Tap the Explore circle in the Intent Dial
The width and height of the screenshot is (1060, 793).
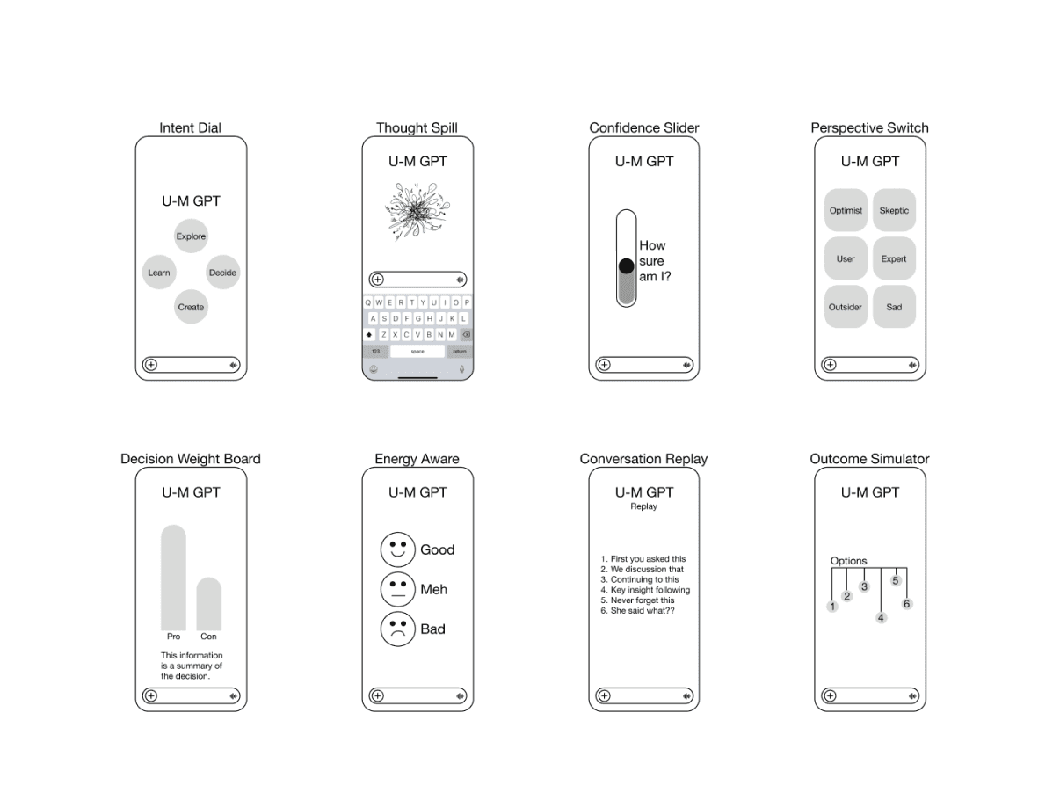[191, 236]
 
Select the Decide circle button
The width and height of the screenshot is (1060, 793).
[222, 273]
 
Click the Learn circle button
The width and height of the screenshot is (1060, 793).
[159, 273]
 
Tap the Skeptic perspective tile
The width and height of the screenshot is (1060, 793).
[894, 210]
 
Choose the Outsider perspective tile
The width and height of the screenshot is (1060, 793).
[846, 307]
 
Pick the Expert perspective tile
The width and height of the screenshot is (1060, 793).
[894, 258]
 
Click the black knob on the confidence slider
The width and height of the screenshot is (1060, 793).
[626, 266]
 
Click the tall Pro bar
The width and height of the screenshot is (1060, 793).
[173, 578]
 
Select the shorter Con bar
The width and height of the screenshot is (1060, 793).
[208, 604]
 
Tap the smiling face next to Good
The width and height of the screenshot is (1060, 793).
[397, 549]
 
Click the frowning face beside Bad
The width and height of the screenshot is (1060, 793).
[397, 629]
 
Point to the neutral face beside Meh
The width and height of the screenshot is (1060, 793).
[397, 589]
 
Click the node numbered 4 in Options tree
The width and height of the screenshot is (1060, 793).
[881, 618]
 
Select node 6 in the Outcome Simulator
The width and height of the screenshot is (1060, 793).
[906, 604]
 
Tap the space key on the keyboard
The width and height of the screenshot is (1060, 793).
[417, 351]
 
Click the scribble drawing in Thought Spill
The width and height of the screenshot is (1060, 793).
[417, 211]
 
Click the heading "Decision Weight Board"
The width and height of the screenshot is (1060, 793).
[190, 458]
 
